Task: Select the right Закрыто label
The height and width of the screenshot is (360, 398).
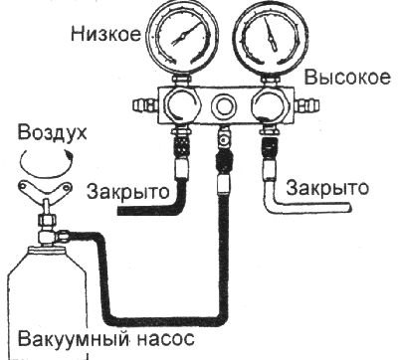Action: point(326,186)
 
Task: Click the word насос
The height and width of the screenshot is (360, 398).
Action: point(155,338)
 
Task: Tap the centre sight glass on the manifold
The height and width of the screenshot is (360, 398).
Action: point(223,103)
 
